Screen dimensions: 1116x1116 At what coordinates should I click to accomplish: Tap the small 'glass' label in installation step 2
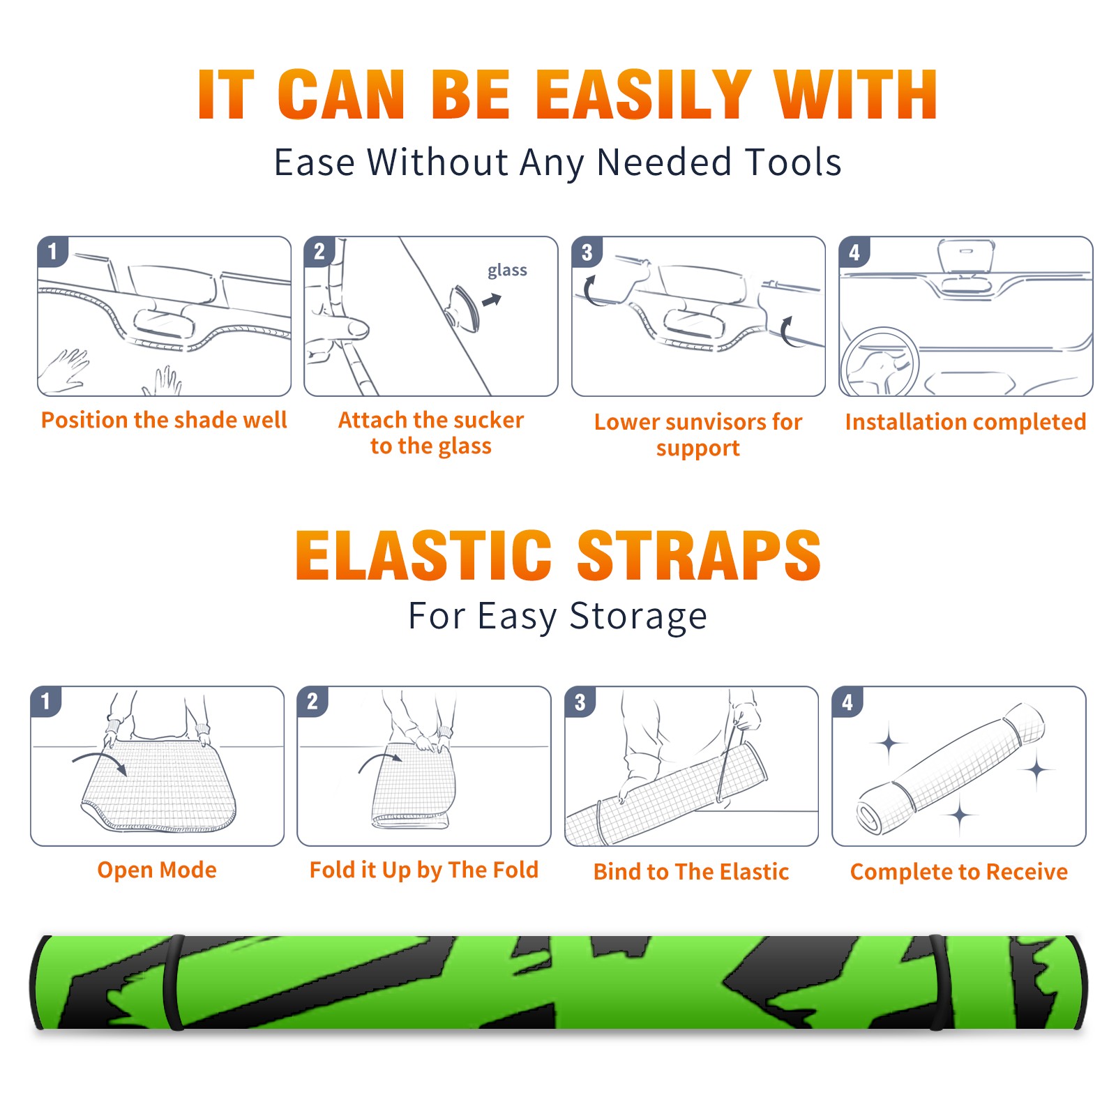pos(507,271)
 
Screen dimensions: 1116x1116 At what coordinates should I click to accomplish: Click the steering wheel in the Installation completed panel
pos(880,361)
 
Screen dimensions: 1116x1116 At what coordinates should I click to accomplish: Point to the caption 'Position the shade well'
pos(164,420)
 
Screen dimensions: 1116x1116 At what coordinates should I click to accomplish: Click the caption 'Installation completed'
pos(965,422)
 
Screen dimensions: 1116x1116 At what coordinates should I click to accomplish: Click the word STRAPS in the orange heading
pos(699,555)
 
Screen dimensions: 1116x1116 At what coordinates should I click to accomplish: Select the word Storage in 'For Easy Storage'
pos(638,617)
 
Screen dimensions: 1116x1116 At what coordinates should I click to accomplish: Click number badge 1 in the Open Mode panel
pos(46,701)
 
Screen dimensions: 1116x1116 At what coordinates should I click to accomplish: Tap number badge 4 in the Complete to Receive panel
pos(847,702)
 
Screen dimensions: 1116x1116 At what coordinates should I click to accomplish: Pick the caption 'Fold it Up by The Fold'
pos(424,870)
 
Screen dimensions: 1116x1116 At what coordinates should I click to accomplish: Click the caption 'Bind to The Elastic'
pos(691,872)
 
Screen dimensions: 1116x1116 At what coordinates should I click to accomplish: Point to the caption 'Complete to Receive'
pos(959,872)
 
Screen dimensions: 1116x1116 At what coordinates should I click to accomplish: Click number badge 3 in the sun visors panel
pos(587,252)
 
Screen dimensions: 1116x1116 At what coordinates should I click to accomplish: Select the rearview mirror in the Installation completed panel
pos(966,256)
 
